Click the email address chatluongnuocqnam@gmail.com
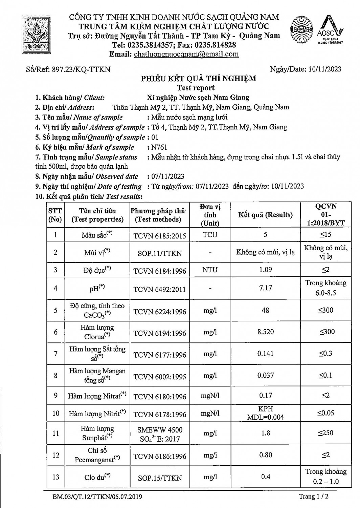(x=186, y=54)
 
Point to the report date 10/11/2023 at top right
(x=325, y=69)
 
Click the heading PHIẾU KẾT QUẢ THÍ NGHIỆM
(x=199, y=79)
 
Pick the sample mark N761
(x=159, y=147)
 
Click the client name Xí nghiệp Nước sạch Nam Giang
(x=198, y=98)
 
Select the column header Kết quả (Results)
(x=265, y=215)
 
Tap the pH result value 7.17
(x=265, y=288)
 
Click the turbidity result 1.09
(x=265, y=270)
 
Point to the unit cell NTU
(x=210, y=270)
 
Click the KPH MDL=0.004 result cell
(x=265, y=413)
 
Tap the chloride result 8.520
(x=265, y=332)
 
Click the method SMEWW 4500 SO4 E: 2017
(x=160, y=435)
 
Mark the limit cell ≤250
(x=325, y=433)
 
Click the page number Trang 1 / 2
(x=314, y=496)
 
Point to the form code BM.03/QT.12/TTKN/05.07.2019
(x=97, y=497)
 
